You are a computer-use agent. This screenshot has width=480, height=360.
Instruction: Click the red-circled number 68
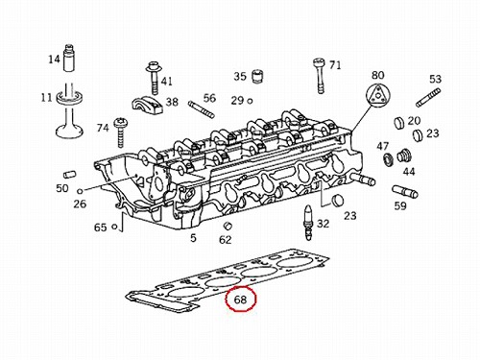pyautogui.click(x=240, y=300)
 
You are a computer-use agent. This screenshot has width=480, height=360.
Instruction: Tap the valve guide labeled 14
pyautogui.click(x=69, y=58)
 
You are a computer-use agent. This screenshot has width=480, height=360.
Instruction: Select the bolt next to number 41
pyautogui.click(x=155, y=77)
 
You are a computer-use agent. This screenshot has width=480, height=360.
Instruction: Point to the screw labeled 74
pyautogui.click(x=119, y=132)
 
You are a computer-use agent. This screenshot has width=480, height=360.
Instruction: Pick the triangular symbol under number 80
pyautogui.click(x=378, y=95)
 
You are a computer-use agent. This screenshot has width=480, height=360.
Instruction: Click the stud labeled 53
pyautogui.click(x=428, y=98)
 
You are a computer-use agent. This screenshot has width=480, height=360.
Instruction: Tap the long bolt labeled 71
pyautogui.click(x=320, y=76)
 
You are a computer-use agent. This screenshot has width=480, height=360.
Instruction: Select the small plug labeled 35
pyautogui.click(x=257, y=76)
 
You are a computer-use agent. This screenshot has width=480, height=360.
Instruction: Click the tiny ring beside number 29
pyautogui.click(x=250, y=101)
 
